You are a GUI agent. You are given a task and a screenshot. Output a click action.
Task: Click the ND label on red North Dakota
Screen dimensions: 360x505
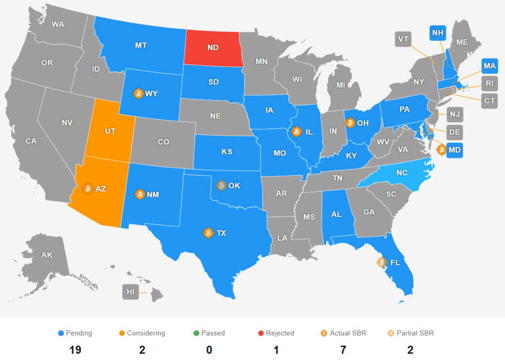point(214,49)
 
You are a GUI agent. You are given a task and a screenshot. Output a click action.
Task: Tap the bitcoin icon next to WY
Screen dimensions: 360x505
point(139,93)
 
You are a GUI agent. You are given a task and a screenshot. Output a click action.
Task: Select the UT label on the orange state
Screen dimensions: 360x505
point(110,132)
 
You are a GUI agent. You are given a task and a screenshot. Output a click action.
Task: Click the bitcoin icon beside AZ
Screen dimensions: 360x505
point(88,188)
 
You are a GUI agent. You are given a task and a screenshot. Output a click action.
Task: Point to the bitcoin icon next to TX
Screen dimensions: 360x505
point(208,232)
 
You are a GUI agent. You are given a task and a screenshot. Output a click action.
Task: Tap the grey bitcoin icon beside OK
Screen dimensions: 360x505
point(222,185)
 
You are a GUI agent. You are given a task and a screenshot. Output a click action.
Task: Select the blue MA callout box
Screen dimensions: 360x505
point(489,66)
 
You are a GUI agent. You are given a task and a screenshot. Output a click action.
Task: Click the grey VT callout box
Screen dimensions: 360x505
point(404,39)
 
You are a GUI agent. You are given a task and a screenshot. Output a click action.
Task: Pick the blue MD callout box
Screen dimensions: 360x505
point(454,150)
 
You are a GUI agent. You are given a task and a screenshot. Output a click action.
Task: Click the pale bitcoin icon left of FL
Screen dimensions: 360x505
point(381,262)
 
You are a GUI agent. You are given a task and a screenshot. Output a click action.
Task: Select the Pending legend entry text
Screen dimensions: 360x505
point(78,333)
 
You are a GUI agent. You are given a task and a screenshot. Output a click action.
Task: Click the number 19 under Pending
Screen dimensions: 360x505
point(75,349)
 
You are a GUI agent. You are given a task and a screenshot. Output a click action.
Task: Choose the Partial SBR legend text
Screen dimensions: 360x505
point(415,333)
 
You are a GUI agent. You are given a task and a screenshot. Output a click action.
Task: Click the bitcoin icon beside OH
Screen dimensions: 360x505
point(350,122)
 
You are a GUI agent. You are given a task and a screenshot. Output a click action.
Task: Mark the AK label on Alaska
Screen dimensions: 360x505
point(47,255)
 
